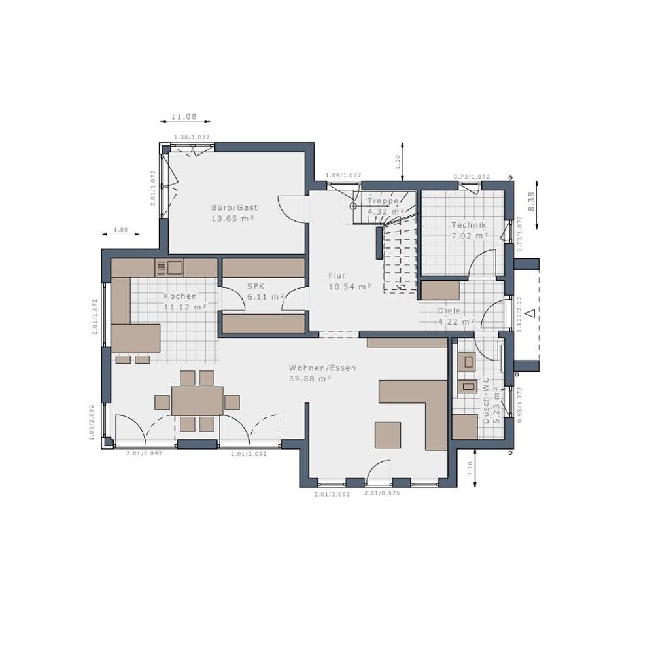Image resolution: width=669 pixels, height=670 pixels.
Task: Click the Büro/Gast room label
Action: [x=234, y=207]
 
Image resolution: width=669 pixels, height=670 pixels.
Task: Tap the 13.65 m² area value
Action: [x=232, y=219]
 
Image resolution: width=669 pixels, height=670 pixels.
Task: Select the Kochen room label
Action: [x=180, y=296]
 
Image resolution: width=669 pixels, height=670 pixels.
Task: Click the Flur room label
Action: [x=337, y=276]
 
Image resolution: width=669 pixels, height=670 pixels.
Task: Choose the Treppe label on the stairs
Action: [x=383, y=201]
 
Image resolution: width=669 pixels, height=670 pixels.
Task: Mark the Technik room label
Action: [x=469, y=225]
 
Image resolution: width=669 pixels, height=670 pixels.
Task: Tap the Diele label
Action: [x=449, y=311]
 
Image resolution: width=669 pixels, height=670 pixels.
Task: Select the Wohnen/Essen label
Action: [x=322, y=368]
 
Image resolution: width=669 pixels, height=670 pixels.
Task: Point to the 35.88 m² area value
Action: [x=310, y=378]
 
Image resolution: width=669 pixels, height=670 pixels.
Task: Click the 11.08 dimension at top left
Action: [x=184, y=116]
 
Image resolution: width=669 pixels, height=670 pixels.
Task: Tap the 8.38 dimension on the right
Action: [x=532, y=200]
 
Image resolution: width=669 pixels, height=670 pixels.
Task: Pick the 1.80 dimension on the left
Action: [x=120, y=230]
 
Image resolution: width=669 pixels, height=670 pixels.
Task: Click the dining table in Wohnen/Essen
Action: [x=197, y=400]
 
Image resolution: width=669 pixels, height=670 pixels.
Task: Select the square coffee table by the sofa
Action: [x=387, y=435]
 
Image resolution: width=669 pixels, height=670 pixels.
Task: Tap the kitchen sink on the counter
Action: [x=175, y=268]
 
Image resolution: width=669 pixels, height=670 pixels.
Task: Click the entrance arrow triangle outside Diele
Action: [x=530, y=313]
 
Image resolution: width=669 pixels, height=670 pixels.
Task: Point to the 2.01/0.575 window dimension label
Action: [x=382, y=493]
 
